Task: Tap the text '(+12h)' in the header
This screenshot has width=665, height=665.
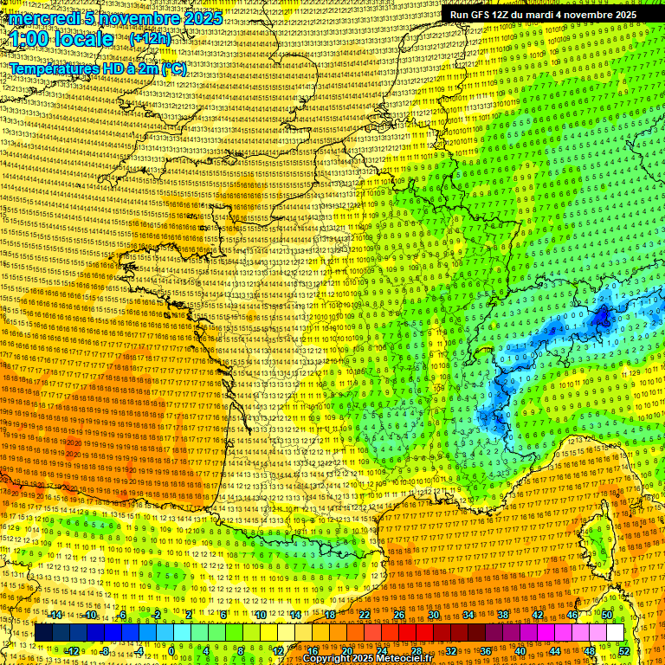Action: [x=150, y=38]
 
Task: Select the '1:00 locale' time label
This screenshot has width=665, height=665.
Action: [x=62, y=39]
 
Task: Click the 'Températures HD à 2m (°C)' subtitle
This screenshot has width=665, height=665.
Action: [x=97, y=69]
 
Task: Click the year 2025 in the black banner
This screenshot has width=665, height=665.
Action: [x=622, y=15]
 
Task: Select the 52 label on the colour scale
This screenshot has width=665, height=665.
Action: [x=624, y=650]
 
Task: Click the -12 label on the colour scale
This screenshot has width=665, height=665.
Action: [x=73, y=650]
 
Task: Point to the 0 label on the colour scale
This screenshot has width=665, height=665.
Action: [x=171, y=650]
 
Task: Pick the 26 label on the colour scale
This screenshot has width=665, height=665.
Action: [x=399, y=615]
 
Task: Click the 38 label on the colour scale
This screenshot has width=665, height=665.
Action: [x=503, y=615]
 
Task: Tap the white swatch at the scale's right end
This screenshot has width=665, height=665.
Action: [x=615, y=633]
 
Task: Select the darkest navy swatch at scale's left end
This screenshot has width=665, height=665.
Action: [x=43, y=633]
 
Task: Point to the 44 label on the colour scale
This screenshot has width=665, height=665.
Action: [x=555, y=650]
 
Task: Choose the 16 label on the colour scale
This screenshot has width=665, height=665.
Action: [x=313, y=650]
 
